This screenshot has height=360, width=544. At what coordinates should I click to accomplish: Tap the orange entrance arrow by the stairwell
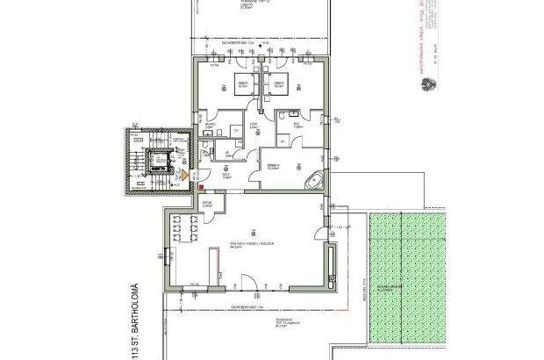click(183, 174)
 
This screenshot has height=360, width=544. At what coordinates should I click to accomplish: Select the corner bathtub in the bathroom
click(313, 182)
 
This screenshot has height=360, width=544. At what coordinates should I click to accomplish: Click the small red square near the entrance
click(201, 186)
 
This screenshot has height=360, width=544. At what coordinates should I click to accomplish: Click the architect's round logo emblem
click(429, 86)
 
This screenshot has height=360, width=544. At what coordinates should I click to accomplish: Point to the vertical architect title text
click(428, 40)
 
